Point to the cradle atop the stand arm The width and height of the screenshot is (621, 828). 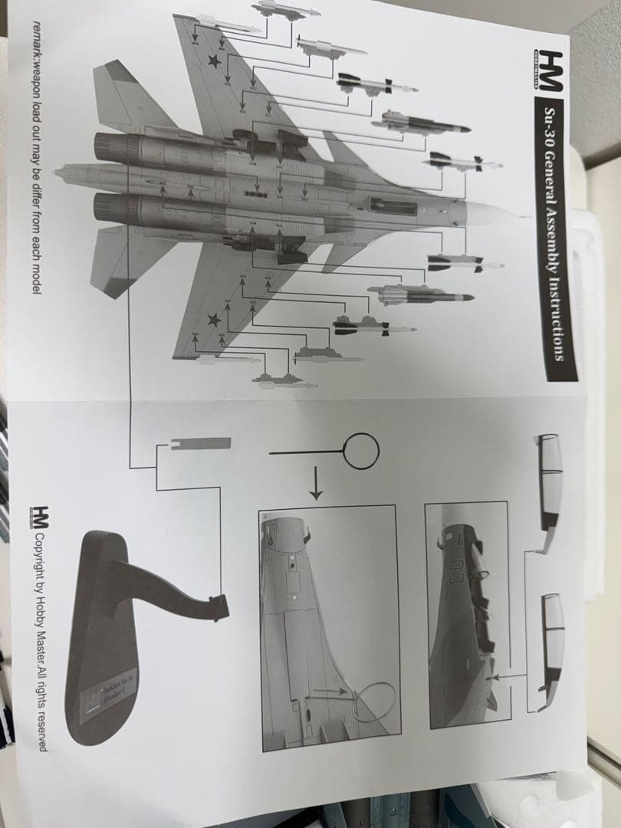pyautogui.click(x=219, y=607)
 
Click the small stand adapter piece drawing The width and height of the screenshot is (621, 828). pyautogui.click(x=200, y=442)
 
